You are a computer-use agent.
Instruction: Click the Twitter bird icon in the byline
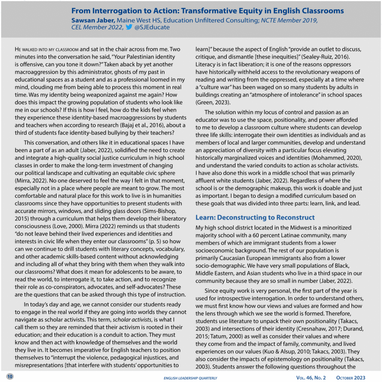(129, 27)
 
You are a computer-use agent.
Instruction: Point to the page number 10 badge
(10, 376)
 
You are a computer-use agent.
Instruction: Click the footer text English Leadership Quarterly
(190, 378)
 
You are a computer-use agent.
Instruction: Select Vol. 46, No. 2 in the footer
(311, 378)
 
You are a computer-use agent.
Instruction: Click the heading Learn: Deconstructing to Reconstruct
(255, 217)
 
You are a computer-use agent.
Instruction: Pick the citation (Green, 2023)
(214, 102)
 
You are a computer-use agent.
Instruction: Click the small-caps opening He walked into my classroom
(47, 49)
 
